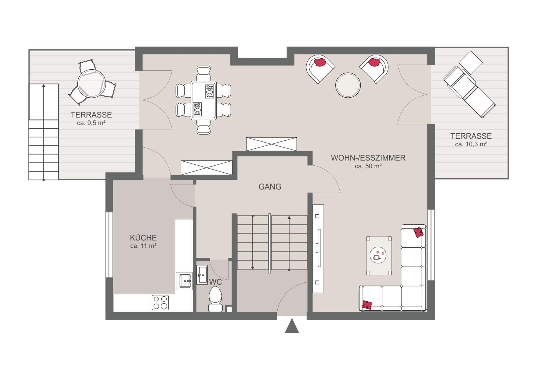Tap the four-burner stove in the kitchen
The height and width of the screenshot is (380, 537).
click(x=160, y=303)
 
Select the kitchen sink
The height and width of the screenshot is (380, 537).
click(x=184, y=281)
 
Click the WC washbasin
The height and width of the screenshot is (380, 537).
click(x=202, y=275)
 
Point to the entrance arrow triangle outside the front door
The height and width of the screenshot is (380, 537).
click(x=292, y=326)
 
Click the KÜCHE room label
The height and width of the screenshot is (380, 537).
click(x=143, y=238)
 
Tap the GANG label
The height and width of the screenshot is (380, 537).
click(x=270, y=187)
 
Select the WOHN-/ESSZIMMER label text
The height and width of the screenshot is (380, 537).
click(x=368, y=158)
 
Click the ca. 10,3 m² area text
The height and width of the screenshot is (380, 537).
click(x=471, y=144)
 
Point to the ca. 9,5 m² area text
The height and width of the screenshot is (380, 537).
click(x=91, y=123)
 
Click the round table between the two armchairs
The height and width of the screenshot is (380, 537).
click(x=348, y=85)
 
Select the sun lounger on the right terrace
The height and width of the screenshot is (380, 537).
click(x=469, y=92)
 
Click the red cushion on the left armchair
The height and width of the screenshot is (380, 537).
click(x=320, y=62)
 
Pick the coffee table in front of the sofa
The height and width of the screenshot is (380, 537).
click(x=379, y=256)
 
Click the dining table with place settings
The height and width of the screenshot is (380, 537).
click(x=204, y=100)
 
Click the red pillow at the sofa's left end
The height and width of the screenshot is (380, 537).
click(x=367, y=304)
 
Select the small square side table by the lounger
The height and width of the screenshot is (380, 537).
click(x=470, y=62)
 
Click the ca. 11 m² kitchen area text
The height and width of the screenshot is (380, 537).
click(x=143, y=246)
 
